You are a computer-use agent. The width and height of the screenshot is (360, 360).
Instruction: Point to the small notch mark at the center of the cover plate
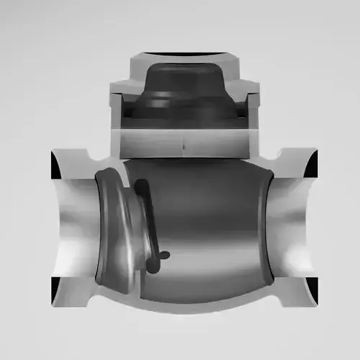(184, 146)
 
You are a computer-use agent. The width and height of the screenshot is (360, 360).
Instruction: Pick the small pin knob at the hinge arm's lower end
(164, 255)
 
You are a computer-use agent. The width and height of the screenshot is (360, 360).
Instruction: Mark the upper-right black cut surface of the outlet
(312, 166)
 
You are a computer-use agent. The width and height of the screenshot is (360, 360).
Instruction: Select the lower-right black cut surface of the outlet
(312, 288)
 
